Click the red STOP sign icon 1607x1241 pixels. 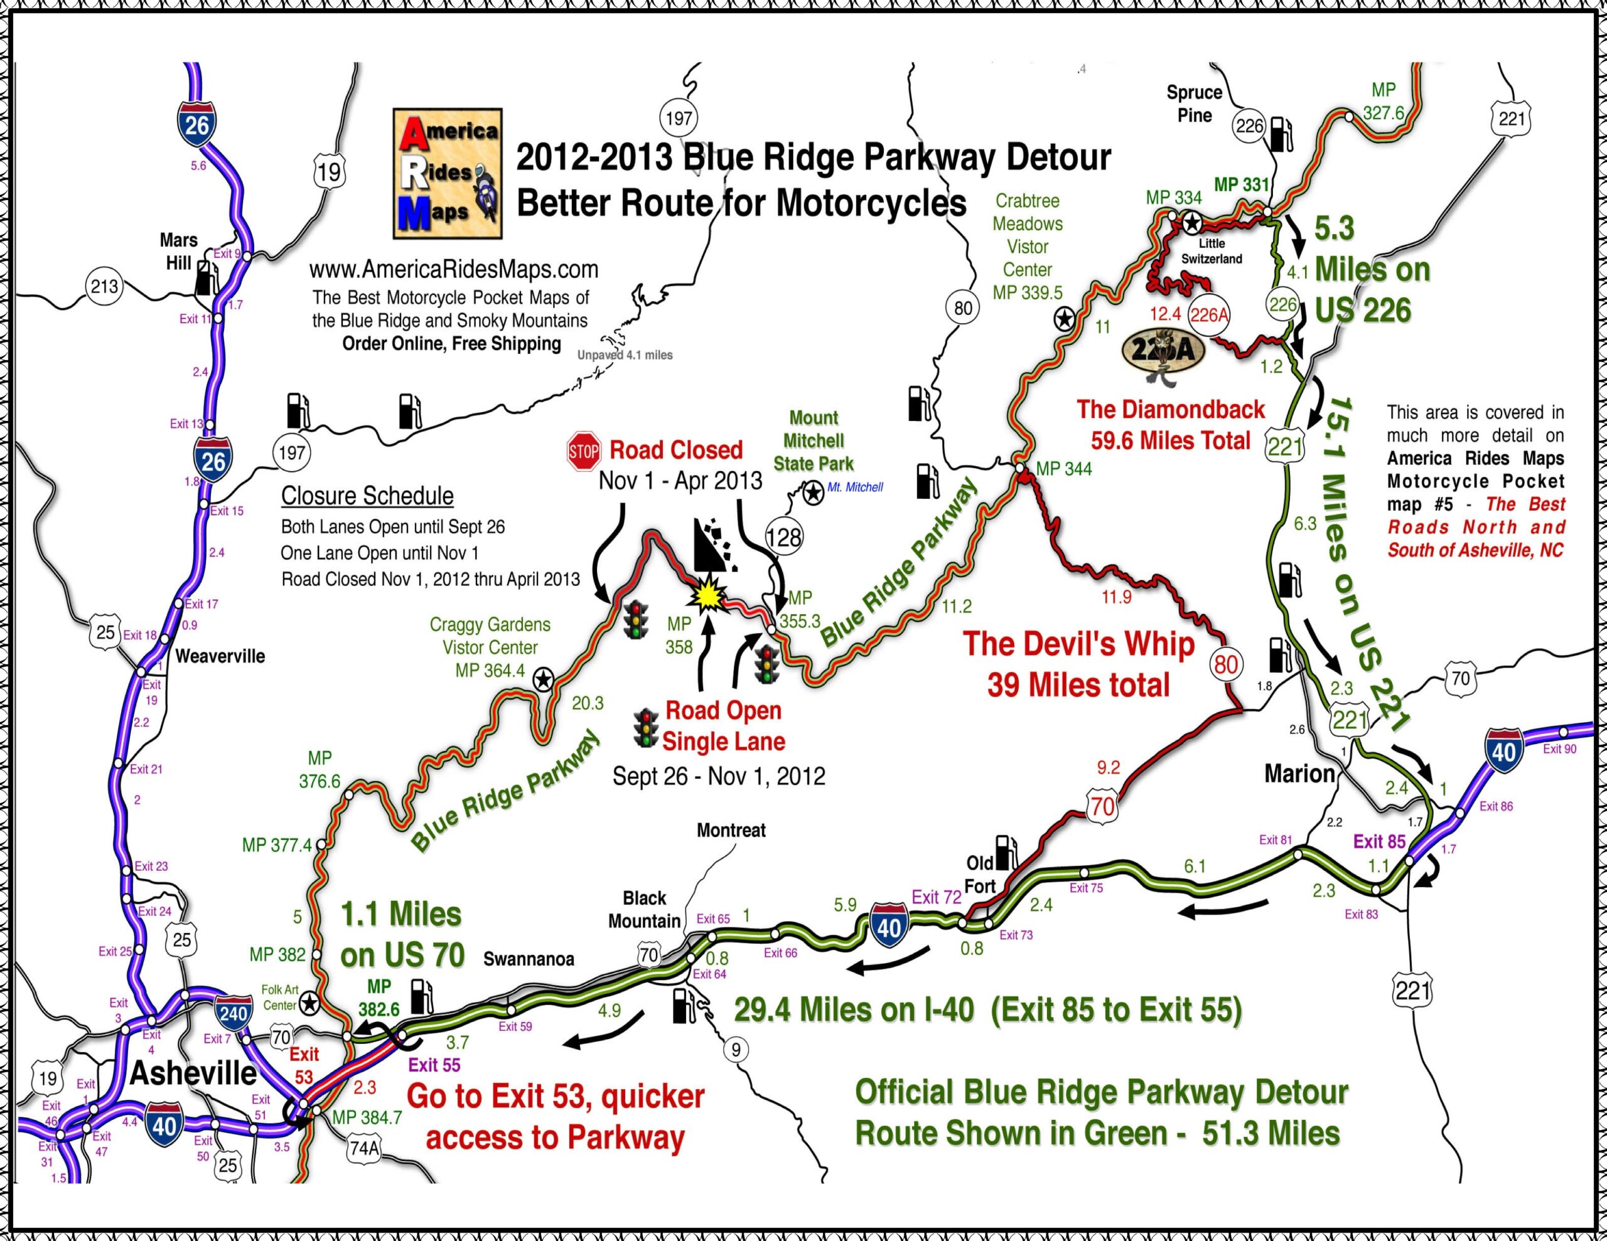click(x=584, y=451)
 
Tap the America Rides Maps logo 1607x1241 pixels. click(x=448, y=174)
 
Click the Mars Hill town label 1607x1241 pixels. click(x=178, y=252)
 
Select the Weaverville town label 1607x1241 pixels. click(x=220, y=656)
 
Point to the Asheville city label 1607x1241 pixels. click(x=193, y=1074)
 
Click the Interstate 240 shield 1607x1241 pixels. click(x=234, y=1013)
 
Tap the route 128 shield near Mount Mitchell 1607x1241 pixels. click(x=783, y=537)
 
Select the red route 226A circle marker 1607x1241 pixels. click(x=1209, y=315)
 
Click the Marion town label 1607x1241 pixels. click(x=1299, y=774)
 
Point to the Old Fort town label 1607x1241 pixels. click(x=980, y=875)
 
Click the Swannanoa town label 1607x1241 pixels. click(x=529, y=959)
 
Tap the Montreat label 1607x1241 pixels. click(x=731, y=830)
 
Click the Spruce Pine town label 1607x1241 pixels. click(x=1194, y=104)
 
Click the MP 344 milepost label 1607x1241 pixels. click(x=1064, y=469)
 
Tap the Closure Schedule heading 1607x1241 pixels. click(x=367, y=496)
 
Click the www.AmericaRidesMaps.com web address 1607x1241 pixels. click(x=453, y=269)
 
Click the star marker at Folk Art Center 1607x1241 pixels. click(x=309, y=1002)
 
